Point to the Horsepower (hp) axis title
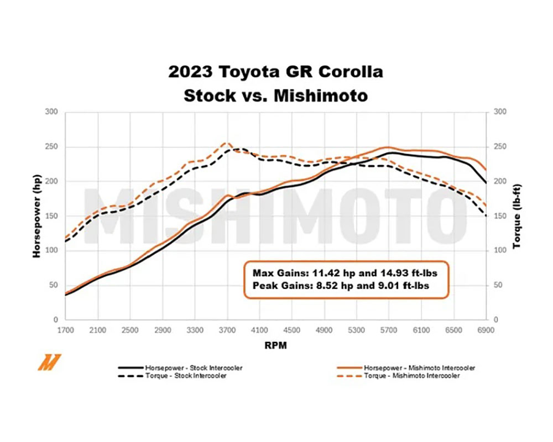pyautogui.click(x=37, y=216)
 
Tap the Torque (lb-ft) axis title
pyautogui.click(x=517, y=216)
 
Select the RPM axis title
pyautogui.click(x=275, y=345)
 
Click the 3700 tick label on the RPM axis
pyautogui.click(x=227, y=330)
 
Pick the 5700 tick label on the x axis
pyautogui.click(x=389, y=330)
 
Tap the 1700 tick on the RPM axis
pyautogui.click(x=66, y=330)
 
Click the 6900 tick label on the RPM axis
pyautogui.click(x=486, y=330)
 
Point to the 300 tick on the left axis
pyautogui.click(x=51, y=112)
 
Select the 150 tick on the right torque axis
pyautogui.click(x=499, y=216)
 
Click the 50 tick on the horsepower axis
pyautogui.click(x=54, y=285)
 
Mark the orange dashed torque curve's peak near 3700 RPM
pyautogui.click(x=226, y=143)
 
